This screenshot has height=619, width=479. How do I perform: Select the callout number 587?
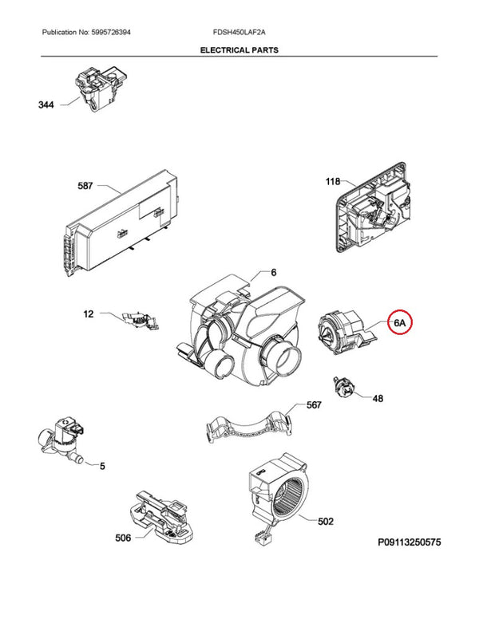click(85, 187)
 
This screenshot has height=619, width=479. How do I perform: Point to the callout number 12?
click(89, 314)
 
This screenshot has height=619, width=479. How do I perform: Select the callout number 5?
click(101, 465)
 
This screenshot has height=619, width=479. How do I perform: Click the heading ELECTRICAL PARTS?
click(239, 49)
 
